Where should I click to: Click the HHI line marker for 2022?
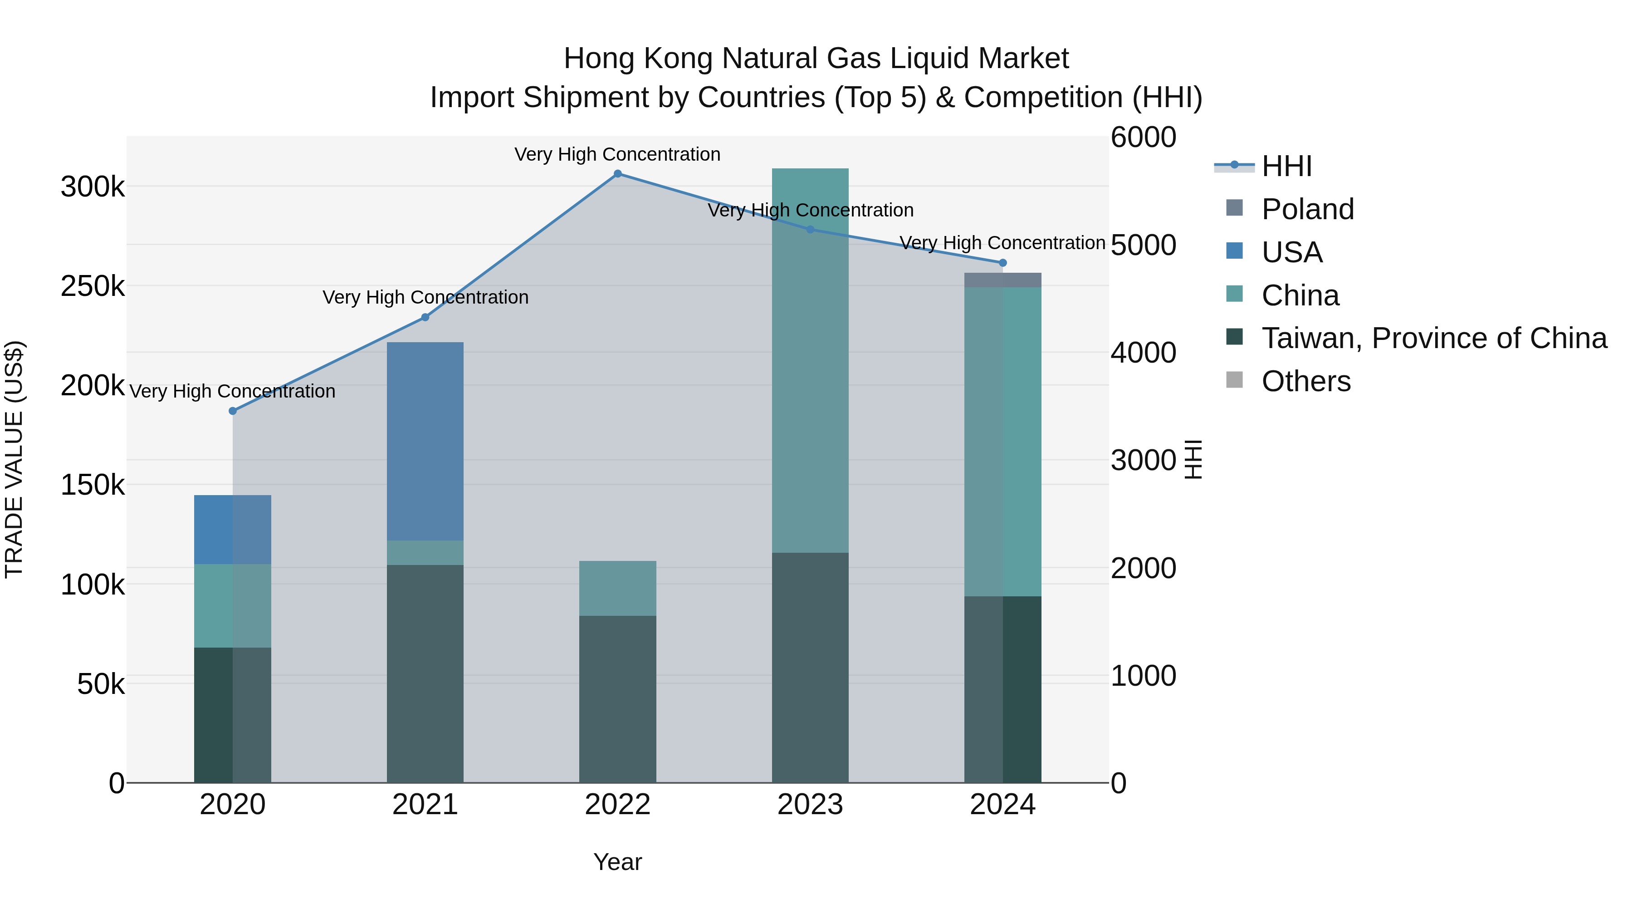click(x=617, y=174)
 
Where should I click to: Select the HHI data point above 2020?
click(x=233, y=411)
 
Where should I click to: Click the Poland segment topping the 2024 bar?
click(x=1002, y=280)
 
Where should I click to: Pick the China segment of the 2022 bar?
click(x=617, y=588)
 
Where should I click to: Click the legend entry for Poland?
click(x=1307, y=209)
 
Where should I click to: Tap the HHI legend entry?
click(x=1286, y=166)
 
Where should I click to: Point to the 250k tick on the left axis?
click(x=93, y=286)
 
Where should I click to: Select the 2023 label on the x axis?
click(x=810, y=805)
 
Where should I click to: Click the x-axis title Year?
click(x=617, y=862)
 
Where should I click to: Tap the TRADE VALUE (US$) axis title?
click(x=14, y=459)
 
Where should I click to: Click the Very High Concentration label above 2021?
click(x=425, y=297)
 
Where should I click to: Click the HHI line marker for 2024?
click(x=1002, y=263)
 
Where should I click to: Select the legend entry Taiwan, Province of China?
click(x=1434, y=339)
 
